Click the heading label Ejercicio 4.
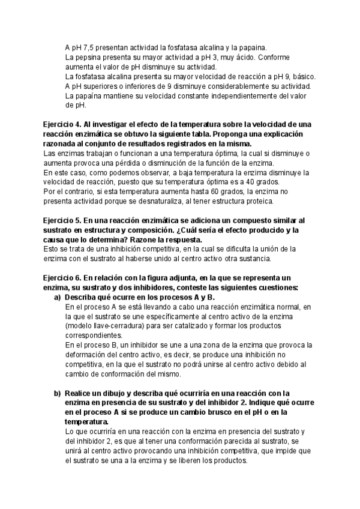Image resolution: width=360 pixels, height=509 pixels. tap(62, 124)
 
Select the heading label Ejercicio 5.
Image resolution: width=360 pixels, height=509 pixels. tap(62, 221)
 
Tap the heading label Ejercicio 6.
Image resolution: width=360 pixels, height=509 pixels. tap(62, 278)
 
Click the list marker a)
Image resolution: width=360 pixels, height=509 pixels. tap(58, 297)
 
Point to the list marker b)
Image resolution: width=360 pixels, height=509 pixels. tap(58, 393)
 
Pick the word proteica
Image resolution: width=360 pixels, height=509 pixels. tap(257, 201)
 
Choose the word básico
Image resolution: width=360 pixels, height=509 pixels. tap(302, 76)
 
